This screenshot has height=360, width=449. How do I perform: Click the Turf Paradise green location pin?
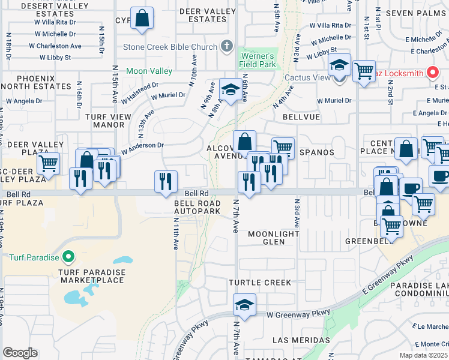pyautogui.click(x=68, y=257)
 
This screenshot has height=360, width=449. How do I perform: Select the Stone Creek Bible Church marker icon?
pyautogui.click(x=226, y=46)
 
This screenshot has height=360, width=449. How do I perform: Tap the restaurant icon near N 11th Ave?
pyautogui.click(x=166, y=181)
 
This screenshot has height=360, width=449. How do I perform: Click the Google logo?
pyautogui.click(x=20, y=353)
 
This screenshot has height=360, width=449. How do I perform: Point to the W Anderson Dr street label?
pyautogui.click(x=143, y=146)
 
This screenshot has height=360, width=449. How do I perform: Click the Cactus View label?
pyautogui.click(x=307, y=77)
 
